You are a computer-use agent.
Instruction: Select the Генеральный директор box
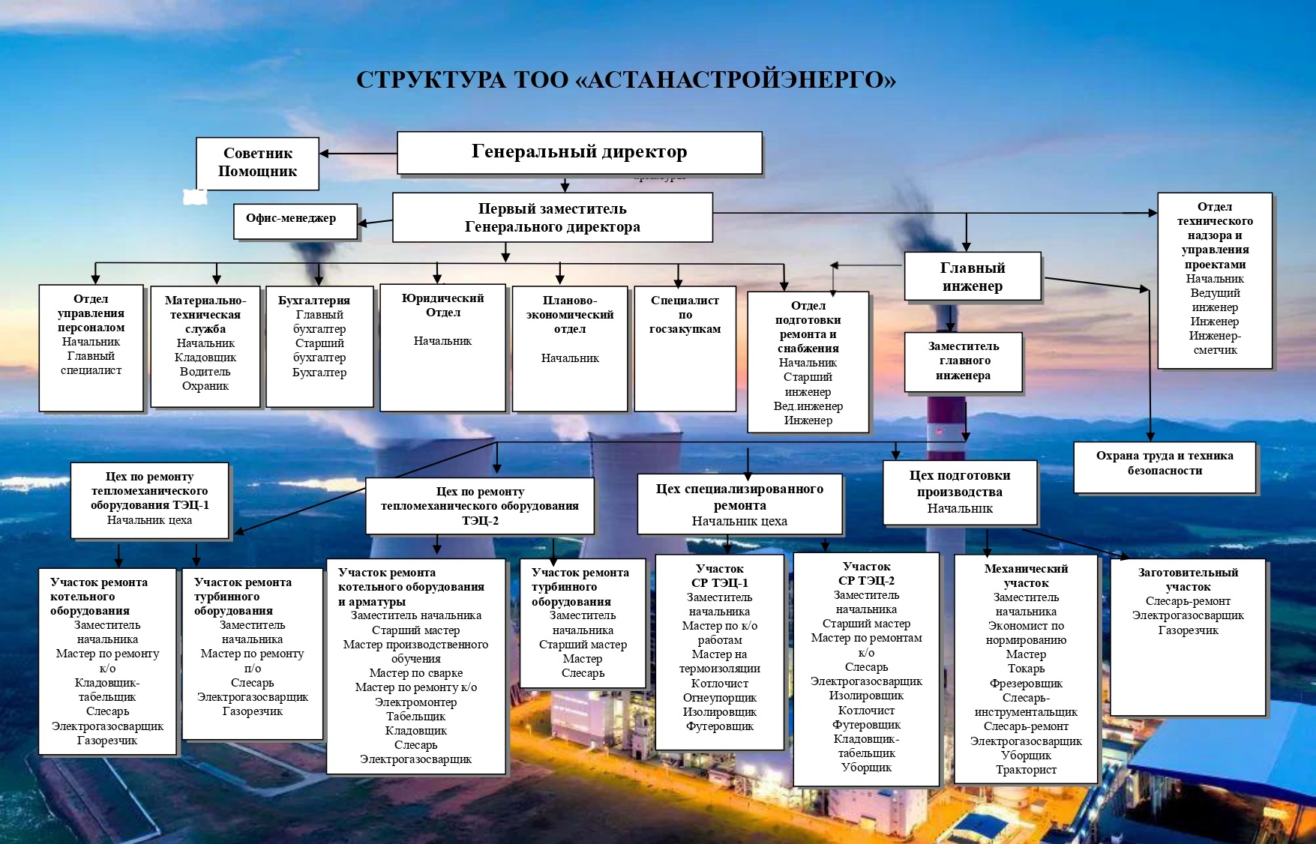(x=579, y=153)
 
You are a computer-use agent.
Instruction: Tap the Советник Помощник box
(x=257, y=163)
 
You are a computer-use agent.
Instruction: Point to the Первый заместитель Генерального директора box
(x=552, y=217)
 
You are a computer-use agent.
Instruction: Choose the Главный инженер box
(x=973, y=277)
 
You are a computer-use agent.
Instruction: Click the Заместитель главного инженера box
(x=963, y=361)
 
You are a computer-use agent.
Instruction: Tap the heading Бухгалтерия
(x=314, y=301)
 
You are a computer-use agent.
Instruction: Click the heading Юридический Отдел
(x=442, y=305)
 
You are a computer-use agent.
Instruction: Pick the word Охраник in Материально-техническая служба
(x=205, y=386)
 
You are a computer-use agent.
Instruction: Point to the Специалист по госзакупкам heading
(x=685, y=314)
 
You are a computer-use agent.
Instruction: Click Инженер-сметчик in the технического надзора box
(x=1215, y=343)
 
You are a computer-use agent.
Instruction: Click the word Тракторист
(x=1026, y=770)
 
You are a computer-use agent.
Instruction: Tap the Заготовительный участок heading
(x=1188, y=579)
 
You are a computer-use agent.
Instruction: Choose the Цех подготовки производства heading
(x=959, y=483)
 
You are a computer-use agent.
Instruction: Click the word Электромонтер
(x=415, y=702)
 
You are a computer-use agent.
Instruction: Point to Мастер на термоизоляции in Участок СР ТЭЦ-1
(x=719, y=661)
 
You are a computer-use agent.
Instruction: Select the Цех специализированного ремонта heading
(x=739, y=497)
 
